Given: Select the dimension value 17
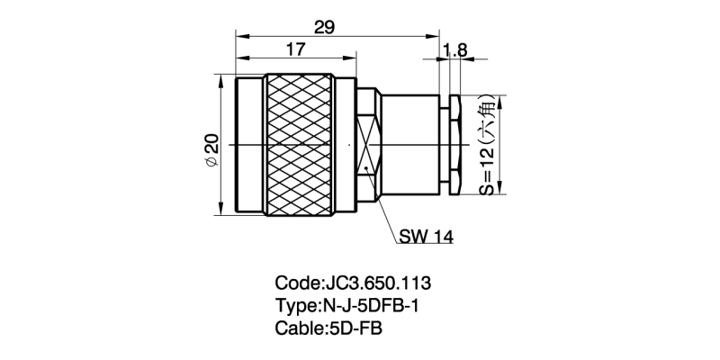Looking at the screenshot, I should point(292,50).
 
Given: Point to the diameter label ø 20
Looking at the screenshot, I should point(211,148).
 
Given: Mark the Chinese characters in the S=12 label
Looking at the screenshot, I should point(486,114).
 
